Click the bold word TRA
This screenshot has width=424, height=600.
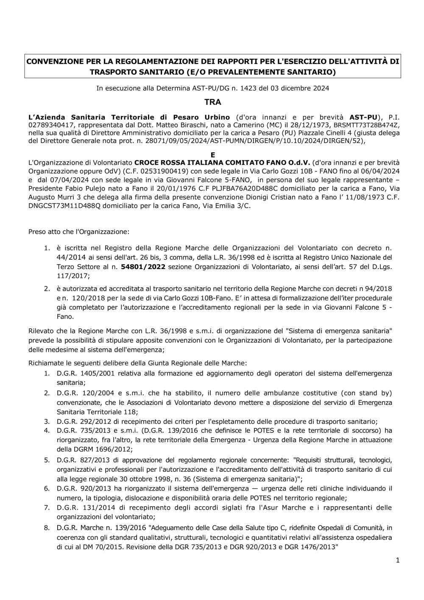(x=212, y=102)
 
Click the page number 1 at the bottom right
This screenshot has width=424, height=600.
(x=398, y=561)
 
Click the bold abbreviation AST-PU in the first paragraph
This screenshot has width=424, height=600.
(x=363, y=117)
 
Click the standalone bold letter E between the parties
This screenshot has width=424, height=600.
(x=213, y=155)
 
